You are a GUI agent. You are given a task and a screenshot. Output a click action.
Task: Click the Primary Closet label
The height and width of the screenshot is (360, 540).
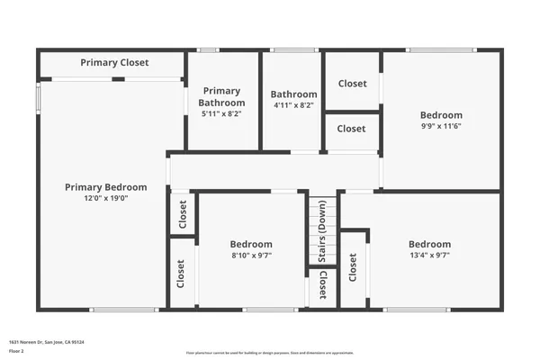coord(114,63)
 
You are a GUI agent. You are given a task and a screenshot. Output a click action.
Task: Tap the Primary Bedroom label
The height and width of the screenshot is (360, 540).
coord(105,187)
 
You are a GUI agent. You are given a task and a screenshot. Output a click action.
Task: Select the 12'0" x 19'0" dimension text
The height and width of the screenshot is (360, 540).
coord(105,198)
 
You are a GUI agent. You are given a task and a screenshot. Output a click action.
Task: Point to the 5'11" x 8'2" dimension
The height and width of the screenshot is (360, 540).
coord(221,114)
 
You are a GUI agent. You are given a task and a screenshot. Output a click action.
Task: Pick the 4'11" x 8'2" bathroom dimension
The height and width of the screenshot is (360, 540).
coord(293,105)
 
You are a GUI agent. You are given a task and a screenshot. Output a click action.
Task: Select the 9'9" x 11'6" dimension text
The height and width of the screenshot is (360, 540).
coord(441,126)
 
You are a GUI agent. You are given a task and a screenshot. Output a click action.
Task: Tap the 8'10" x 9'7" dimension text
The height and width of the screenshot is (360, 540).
coord(251,255)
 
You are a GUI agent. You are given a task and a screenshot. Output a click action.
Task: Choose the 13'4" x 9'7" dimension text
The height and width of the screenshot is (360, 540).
coord(429,255)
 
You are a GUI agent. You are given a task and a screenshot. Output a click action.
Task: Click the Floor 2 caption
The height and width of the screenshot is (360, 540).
coord(17,351)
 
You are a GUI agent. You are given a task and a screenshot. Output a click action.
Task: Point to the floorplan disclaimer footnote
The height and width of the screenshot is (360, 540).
coord(269,352)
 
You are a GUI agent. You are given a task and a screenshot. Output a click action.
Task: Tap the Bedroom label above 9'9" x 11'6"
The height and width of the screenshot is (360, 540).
coord(441,115)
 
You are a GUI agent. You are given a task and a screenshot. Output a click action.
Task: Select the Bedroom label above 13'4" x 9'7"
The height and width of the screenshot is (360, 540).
coord(429,244)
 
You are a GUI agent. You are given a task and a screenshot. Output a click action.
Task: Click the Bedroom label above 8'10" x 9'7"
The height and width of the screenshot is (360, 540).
coord(251,244)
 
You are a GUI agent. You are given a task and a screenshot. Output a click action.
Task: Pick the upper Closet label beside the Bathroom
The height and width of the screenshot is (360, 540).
coord(352,84)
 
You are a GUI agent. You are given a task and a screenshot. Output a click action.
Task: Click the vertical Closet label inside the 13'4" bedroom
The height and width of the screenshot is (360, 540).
coord(353,268)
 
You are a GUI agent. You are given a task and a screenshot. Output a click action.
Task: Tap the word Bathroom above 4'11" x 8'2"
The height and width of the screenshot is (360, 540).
coord(293,94)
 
